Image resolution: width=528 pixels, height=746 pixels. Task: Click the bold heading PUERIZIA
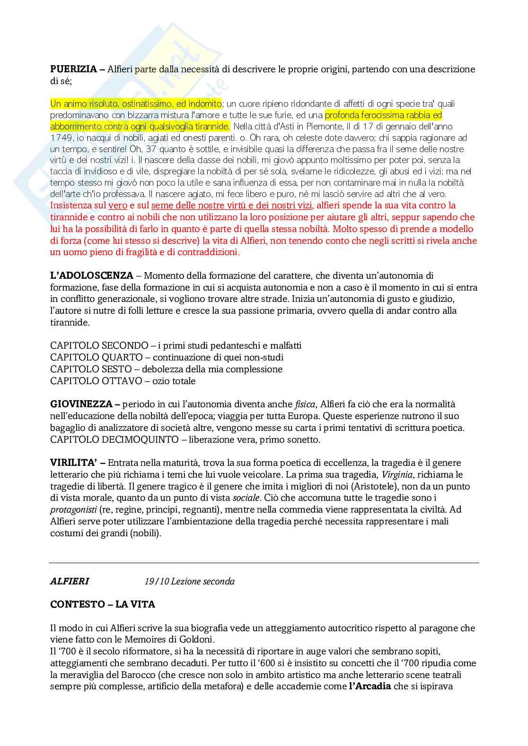pos(73,69)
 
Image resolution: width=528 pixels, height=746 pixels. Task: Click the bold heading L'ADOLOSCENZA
pos(92,275)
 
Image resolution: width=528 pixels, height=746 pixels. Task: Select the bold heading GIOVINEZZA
pos(81,404)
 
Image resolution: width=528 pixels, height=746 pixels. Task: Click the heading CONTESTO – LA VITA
pos(103,604)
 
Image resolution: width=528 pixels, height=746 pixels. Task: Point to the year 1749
pos(62,137)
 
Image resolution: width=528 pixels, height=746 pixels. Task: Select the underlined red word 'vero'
pos(118,206)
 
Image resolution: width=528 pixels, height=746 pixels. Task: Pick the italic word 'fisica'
pos(305,404)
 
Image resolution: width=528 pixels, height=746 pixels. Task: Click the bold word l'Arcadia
pos(370,686)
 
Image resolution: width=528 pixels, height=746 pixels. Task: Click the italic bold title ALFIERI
pos(70,581)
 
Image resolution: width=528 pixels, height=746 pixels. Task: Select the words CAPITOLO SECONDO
pos(99,345)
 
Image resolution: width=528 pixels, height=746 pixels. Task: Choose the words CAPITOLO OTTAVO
pos(96,381)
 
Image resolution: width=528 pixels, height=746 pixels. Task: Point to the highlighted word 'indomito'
pos(205,103)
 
